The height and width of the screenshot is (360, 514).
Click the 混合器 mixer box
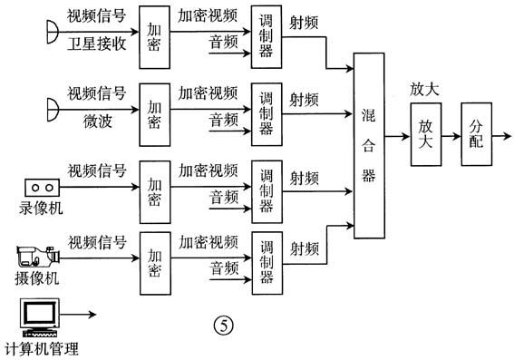[x=368, y=145]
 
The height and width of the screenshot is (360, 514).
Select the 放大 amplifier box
[x=423, y=137]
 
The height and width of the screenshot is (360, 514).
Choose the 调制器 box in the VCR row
[x=266, y=191]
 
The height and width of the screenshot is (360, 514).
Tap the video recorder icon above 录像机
[x=40, y=187]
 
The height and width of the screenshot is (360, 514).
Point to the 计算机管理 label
[x=42, y=348]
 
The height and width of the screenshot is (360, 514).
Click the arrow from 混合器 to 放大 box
[x=395, y=137]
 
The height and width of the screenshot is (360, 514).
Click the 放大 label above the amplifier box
[x=424, y=90]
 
